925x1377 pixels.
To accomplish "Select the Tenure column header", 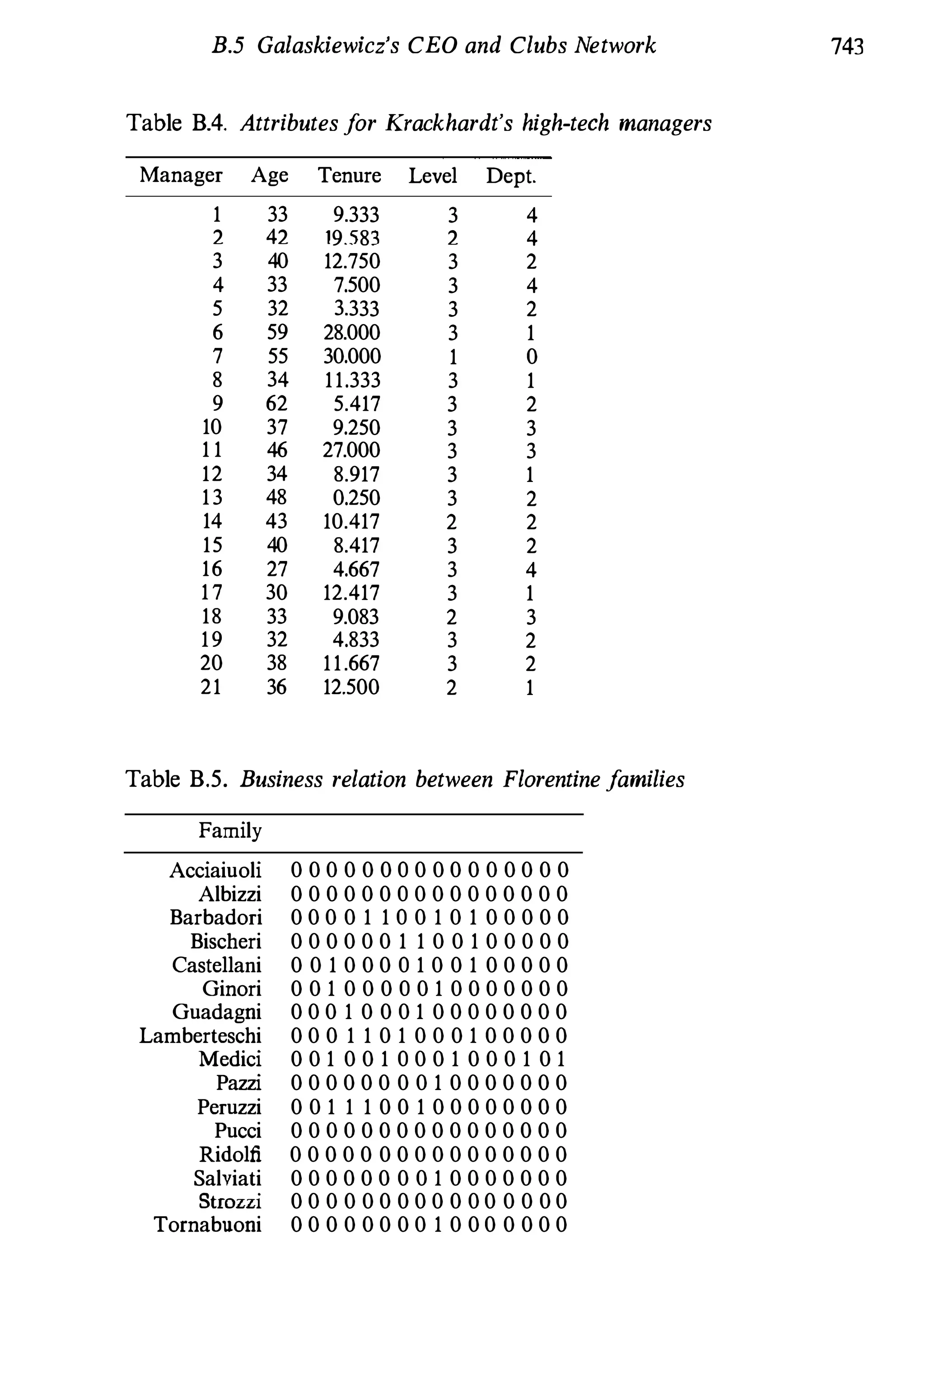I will click(x=349, y=175).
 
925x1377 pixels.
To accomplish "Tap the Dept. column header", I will click(x=511, y=176).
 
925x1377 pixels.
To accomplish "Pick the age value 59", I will click(x=277, y=333).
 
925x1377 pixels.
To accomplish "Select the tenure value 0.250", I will click(x=356, y=498).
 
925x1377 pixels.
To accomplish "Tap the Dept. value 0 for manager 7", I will click(x=531, y=357).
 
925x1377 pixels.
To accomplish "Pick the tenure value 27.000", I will click(x=351, y=450).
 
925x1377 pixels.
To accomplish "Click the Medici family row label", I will click(x=229, y=1059).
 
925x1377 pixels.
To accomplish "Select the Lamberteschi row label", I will click(x=200, y=1036).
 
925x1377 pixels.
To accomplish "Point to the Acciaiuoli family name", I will click(x=215, y=870).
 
